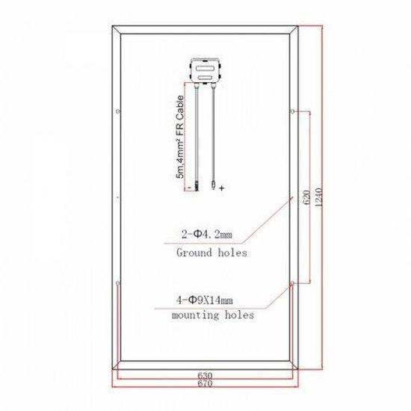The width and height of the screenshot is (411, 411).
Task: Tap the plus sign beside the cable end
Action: tap(222, 188)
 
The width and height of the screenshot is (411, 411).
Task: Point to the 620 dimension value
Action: tap(305, 198)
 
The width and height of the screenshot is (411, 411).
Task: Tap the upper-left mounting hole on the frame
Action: tap(119, 112)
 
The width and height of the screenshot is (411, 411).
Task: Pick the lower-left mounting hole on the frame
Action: tap(119, 285)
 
